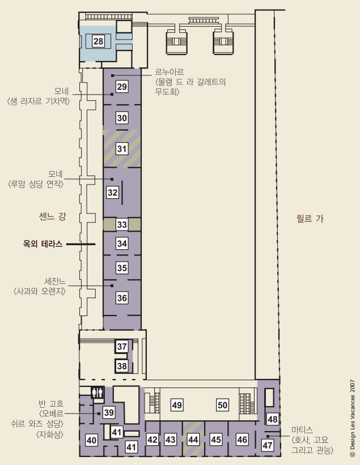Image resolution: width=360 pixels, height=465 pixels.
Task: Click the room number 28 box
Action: pyautogui.click(x=98, y=41)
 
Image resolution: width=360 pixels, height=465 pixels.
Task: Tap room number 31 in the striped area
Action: pyautogui.click(x=122, y=148)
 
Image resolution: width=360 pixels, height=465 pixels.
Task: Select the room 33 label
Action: pyautogui.click(x=122, y=224)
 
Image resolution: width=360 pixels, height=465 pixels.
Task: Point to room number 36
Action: pyautogui.click(x=122, y=298)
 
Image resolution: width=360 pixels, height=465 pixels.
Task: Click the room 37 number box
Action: pyautogui.click(x=122, y=346)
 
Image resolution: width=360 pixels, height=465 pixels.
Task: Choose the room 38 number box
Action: pyautogui.click(x=122, y=366)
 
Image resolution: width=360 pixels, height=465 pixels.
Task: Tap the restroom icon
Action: pyautogui.click(x=98, y=393)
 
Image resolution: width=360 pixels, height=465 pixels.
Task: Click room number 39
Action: pyautogui.click(x=109, y=412)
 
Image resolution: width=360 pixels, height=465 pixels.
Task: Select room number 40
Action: pyautogui.click(x=91, y=440)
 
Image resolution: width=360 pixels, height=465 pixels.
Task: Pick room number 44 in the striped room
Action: pyautogui.click(x=193, y=440)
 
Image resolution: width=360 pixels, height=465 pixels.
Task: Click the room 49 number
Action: pyautogui.click(x=177, y=405)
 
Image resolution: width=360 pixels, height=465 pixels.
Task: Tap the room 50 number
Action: pyautogui.click(x=223, y=405)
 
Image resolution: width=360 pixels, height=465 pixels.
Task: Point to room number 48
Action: pyautogui.click(x=273, y=419)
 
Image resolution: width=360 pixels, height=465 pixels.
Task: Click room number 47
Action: pyautogui.click(x=268, y=445)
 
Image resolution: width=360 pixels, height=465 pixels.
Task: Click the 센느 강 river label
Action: pyautogui.click(x=52, y=216)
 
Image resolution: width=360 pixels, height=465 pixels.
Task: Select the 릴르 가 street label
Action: pyautogui.click(x=310, y=219)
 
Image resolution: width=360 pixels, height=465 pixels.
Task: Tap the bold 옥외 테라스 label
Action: pyautogui.click(x=43, y=244)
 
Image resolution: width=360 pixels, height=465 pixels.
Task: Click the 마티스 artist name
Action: pyautogui.click(x=302, y=430)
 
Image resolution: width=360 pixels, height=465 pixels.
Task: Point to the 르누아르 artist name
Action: pyautogui.click(x=170, y=72)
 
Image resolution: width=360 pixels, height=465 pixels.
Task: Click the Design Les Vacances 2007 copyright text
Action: pyautogui.click(x=353, y=418)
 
